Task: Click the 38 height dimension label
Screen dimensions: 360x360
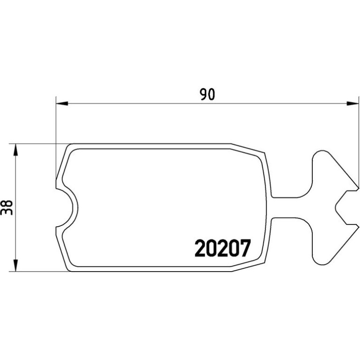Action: click(x=7, y=208)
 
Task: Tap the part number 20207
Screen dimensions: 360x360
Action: click(x=223, y=248)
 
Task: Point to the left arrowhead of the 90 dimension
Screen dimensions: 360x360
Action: click(x=62, y=103)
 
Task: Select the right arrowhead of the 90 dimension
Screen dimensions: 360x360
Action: click(x=353, y=103)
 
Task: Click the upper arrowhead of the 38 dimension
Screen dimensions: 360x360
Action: click(x=15, y=150)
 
